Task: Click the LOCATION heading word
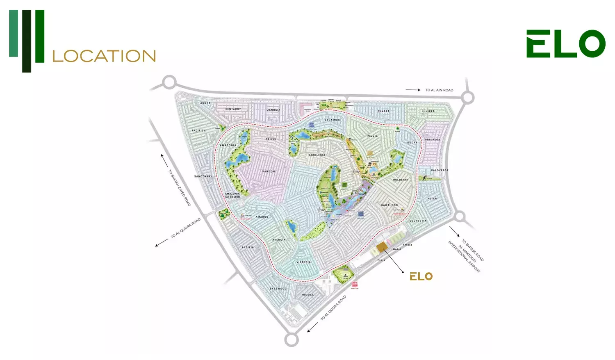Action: point(104,56)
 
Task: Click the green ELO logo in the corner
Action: point(566,43)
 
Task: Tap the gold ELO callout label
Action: point(421,276)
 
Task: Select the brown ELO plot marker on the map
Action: point(382,246)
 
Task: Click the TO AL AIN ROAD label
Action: point(439,90)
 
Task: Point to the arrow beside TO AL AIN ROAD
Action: point(413,90)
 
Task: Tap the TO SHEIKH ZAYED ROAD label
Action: point(180,188)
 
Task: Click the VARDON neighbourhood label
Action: point(269,171)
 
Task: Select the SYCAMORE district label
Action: point(333,120)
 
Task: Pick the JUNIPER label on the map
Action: point(428,111)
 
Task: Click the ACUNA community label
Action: point(205,103)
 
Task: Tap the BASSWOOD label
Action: point(278,289)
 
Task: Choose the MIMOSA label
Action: point(307,294)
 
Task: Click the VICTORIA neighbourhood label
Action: point(303,262)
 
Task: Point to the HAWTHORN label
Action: point(389,205)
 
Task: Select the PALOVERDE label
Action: point(440,170)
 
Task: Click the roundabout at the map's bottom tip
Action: point(292,339)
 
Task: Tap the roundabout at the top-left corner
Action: point(169,82)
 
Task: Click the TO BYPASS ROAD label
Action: point(473,251)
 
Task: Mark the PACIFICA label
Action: point(199,130)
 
